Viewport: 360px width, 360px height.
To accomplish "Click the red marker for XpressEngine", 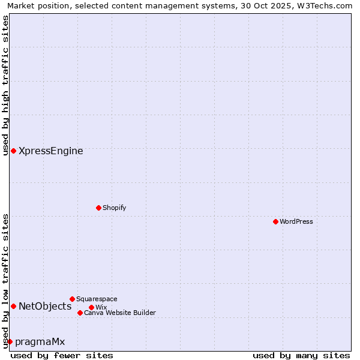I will coord(13,151).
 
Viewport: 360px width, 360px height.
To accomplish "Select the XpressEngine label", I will coord(51,151).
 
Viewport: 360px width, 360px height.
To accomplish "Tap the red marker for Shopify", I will coord(98,208).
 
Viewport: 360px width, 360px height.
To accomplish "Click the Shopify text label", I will coord(114,208).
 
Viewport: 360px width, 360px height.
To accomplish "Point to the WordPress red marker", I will coord(275,221).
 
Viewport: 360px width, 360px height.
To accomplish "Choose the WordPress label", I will coord(296,221).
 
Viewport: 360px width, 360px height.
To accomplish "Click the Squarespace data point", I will coord(72,299).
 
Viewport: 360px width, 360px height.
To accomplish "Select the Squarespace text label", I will coord(97,299).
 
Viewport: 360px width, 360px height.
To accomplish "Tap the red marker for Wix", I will coord(91,307).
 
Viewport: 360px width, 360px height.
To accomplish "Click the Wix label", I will coord(101,307).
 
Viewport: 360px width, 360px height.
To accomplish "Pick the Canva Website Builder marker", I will coord(80,313).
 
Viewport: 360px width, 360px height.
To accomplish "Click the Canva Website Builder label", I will coord(119,313).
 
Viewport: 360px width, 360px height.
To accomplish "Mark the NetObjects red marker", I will coord(13,306).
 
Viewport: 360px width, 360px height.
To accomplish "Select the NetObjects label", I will coord(45,307).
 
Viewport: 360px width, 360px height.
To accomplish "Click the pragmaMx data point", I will coord(10,341).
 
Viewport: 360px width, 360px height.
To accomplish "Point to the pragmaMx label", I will coord(40,342).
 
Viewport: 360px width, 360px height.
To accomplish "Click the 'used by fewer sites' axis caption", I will coord(62,355).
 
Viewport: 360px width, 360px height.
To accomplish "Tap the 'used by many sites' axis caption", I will coord(301,355).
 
